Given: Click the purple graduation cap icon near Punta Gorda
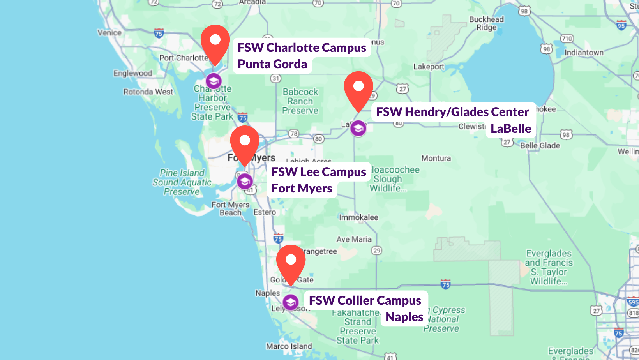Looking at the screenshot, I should pyautogui.click(x=214, y=81).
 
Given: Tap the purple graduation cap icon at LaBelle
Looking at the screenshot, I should pyautogui.click(x=358, y=128).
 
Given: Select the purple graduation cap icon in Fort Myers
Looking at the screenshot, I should pyautogui.click(x=245, y=181).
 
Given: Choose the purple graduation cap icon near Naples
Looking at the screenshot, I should pyautogui.click(x=291, y=302).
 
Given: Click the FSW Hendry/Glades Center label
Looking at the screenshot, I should pyautogui.click(x=452, y=112).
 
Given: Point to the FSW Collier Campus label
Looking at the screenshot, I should pyautogui.click(x=365, y=300).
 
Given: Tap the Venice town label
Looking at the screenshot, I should pyautogui.click(x=109, y=33).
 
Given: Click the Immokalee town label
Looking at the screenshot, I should pyautogui.click(x=358, y=217).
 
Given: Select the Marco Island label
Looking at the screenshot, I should pyautogui.click(x=289, y=346).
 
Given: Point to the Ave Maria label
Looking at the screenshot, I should pyautogui.click(x=354, y=239).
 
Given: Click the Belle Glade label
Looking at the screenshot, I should pyautogui.click(x=540, y=146).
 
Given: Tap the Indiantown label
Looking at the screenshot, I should pyautogui.click(x=584, y=53).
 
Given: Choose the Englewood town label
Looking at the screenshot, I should pyautogui.click(x=133, y=73).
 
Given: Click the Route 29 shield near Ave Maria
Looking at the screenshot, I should pyautogui.click(x=377, y=251).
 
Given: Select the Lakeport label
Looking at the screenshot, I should pyautogui.click(x=429, y=67).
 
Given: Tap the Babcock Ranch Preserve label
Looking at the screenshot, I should pyautogui.click(x=300, y=101).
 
